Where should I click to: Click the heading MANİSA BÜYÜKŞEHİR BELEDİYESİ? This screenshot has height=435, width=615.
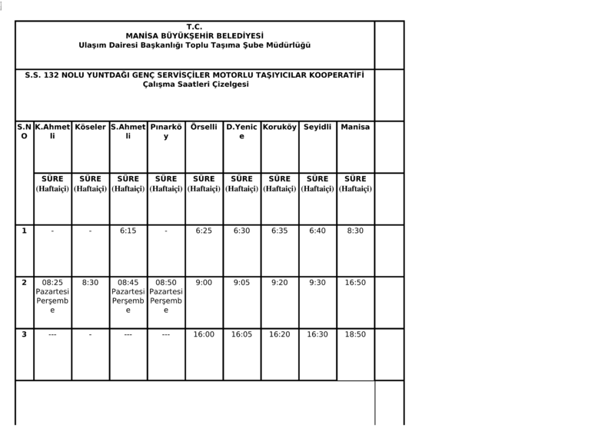pos(194,35)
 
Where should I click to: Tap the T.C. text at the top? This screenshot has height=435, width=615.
pos(194,26)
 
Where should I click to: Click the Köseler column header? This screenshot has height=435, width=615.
pos(90,126)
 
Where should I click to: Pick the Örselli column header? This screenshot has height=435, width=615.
pos(204,126)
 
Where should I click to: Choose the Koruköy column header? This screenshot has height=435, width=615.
pos(280,126)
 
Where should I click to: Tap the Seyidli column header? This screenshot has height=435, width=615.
pos(317,126)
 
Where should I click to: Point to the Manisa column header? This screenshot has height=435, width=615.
pos(355,126)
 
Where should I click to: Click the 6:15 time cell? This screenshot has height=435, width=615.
pos(128,231)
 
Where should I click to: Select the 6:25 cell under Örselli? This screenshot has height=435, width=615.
pos(204,231)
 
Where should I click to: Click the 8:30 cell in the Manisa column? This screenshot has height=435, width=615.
pos(355,231)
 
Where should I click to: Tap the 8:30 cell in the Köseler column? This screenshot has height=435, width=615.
pos(90,283)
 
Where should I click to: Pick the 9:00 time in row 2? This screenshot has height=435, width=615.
pos(204,283)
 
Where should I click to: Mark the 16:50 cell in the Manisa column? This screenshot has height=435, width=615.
pos(355,283)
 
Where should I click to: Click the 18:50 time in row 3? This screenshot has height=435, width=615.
pos(355,335)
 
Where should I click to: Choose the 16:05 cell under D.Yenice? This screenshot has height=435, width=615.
pos(241,335)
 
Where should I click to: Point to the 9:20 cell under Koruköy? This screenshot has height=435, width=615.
pos(280,283)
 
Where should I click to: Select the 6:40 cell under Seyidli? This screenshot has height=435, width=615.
pos(317,231)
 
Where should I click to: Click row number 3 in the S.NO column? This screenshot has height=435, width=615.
pos(24,335)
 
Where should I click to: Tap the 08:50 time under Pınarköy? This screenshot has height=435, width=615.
pos(166,283)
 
